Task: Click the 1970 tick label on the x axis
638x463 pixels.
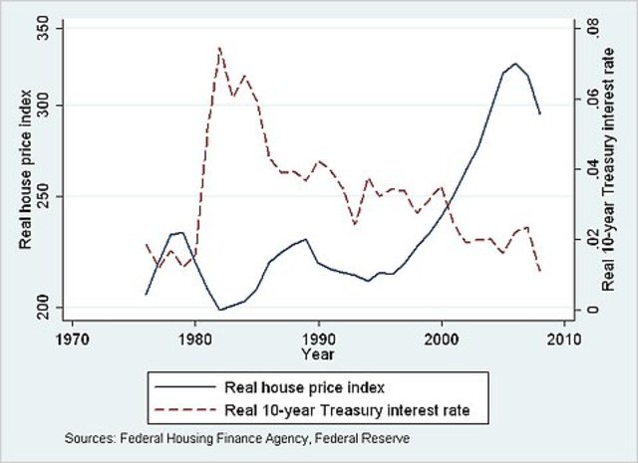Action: click(x=71, y=337)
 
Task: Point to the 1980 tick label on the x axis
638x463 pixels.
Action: click(x=194, y=337)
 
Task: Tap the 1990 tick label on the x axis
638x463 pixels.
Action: click(x=318, y=337)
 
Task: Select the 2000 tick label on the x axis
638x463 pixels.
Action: click(x=442, y=337)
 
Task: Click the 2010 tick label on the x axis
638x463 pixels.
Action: click(x=564, y=337)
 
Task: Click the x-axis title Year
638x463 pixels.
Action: click(x=318, y=353)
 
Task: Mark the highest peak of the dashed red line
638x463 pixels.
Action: click(x=219, y=47)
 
